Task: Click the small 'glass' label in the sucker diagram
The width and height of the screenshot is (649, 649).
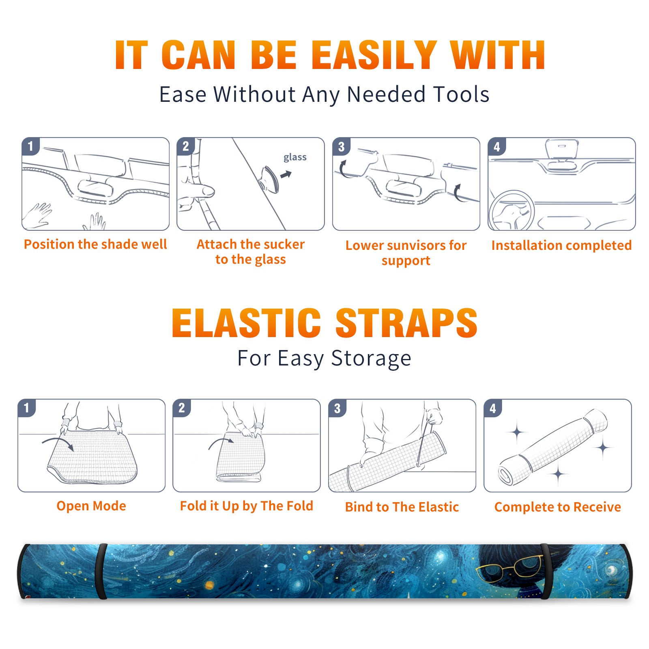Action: tap(295, 157)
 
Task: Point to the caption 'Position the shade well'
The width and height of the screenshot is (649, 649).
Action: tap(95, 244)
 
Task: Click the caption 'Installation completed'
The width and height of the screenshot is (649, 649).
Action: tap(561, 245)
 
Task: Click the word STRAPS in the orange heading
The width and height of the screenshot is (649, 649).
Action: tap(406, 323)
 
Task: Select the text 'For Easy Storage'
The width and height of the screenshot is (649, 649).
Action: tap(324, 359)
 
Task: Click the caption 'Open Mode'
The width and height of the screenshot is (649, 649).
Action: tap(91, 506)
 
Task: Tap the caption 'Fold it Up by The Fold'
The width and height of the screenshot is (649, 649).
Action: tap(247, 506)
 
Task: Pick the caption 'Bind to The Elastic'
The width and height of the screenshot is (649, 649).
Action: tap(402, 507)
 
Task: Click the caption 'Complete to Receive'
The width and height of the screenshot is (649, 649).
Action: tap(558, 507)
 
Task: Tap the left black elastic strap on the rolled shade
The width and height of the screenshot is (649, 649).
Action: tap(101, 571)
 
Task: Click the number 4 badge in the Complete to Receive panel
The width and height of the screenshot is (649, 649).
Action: tap(493, 408)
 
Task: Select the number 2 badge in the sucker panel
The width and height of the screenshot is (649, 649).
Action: tap(186, 146)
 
